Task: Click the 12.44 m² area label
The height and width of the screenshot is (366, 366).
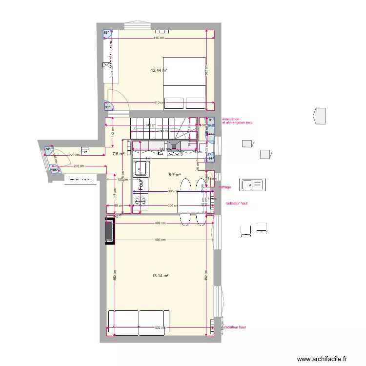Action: (x=159, y=70)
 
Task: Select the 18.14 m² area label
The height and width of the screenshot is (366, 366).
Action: (x=160, y=276)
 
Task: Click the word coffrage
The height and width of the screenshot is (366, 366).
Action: (x=224, y=187)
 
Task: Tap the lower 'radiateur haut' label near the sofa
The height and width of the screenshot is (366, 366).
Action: (x=235, y=327)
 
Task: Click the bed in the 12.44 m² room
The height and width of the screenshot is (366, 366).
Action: (x=184, y=83)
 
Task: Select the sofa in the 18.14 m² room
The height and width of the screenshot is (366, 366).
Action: (x=139, y=323)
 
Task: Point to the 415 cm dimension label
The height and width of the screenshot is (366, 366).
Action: (x=158, y=38)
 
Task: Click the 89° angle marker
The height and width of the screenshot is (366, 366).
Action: (x=106, y=34)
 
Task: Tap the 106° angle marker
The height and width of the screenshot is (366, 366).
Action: (x=55, y=170)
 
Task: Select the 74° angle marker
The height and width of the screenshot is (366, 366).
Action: (x=49, y=149)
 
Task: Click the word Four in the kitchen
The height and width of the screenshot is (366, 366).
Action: (x=140, y=184)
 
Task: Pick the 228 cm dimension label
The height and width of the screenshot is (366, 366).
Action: (x=74, y=155)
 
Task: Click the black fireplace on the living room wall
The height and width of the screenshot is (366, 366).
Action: (x=109, y=231)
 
